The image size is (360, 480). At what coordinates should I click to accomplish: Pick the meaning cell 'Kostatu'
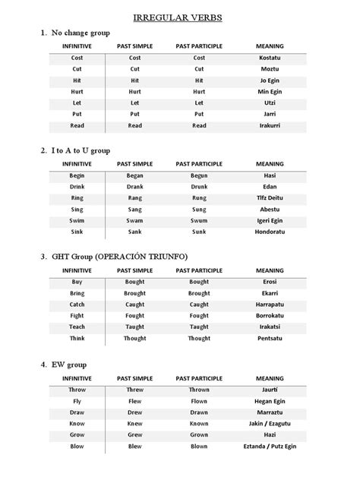tap(270, 58)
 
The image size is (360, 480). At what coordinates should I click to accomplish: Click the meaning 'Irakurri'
tap(270, 125)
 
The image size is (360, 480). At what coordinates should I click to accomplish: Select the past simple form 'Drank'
tap(135, 187)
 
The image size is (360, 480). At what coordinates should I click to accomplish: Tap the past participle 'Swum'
tap(199, 220)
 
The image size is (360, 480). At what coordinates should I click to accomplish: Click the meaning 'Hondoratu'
tap(270, 232)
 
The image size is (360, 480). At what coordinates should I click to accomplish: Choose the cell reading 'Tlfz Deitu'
tap(270, 198)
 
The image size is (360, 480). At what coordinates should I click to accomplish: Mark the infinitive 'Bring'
tap(77, 293)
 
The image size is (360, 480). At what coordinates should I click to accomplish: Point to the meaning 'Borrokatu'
tap(270, 315)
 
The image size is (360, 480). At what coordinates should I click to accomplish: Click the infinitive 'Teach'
tap(77, 327)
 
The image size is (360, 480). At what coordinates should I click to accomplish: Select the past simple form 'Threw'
tap(135, 390)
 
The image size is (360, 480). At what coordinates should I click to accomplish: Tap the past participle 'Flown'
tap(199, 402)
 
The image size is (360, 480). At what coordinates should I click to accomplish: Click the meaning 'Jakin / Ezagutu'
tap(270, 424)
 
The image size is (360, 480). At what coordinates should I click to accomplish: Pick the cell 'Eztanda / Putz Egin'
tap(270, 447)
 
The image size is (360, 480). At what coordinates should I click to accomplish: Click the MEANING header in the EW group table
tap(270, 377)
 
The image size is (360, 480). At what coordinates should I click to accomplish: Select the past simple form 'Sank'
tap(135, 232)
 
